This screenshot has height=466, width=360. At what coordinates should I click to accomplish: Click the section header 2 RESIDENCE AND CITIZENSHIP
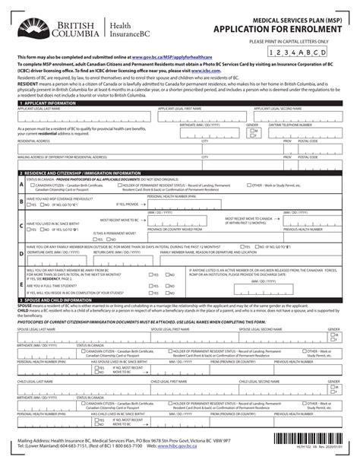tap(76, 173)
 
